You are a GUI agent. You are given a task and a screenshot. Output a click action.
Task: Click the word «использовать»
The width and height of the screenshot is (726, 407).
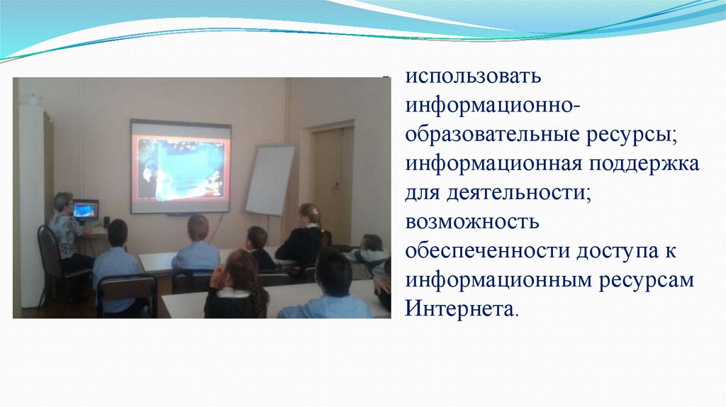point(473,77)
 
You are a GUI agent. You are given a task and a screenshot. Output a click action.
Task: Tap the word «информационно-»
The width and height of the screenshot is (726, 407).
point(492,105)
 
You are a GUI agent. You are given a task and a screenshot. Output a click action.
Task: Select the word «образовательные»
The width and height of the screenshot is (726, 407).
point(493,135)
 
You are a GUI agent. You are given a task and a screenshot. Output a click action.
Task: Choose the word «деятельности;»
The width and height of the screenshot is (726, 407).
point(518,193)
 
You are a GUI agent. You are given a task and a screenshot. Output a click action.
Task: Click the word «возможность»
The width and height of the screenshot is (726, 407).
point(472,222)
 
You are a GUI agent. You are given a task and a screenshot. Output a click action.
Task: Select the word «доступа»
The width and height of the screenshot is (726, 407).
point(618,252)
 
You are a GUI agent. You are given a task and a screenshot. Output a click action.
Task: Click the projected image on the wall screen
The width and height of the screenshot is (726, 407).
point(181,169)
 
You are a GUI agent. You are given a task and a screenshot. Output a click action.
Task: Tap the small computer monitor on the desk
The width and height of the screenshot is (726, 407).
point(86,210)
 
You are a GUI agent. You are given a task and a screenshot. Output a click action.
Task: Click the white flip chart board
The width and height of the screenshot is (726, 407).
point(270,180)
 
